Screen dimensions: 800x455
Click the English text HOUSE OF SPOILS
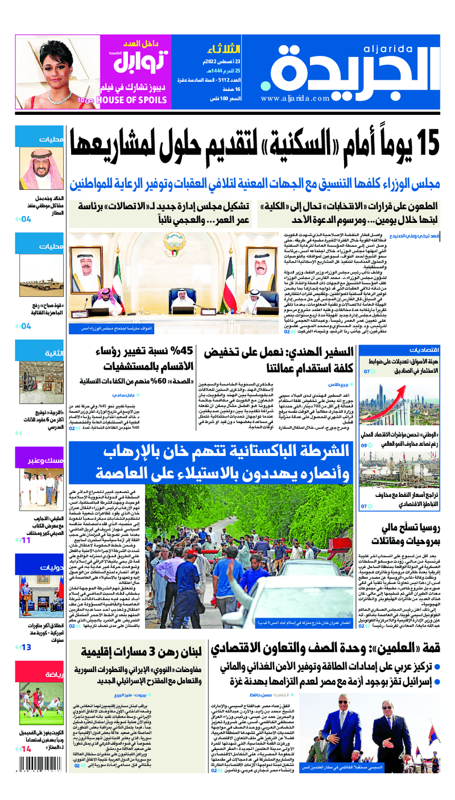click(133, 101)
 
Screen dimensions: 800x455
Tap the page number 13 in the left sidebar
click(26, 647)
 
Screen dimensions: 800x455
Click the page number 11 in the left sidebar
click(26, 540)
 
